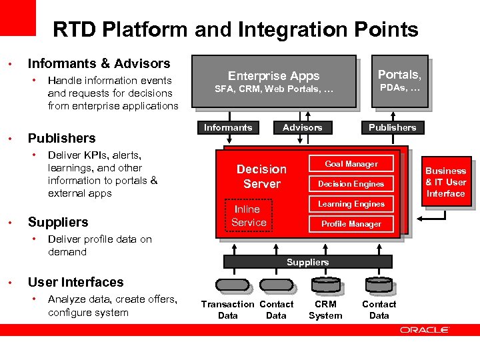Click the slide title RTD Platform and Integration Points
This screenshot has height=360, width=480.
pos(235,30)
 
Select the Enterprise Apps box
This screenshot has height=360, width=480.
pos(274,81)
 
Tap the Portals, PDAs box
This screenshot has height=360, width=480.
pos(399,81)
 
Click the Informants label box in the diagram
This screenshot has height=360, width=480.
pos(228,127)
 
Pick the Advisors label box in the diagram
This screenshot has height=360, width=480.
pos(302,127)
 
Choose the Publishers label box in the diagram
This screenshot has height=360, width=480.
pos(392,127)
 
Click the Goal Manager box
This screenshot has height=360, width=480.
pos(351,164)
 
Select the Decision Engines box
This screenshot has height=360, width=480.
pos(351,184)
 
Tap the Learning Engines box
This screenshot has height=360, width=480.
pos(351,204)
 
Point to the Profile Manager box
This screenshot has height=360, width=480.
pos(351,224)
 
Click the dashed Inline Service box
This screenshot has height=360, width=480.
pos(249,216)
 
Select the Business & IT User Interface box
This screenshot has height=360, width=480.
pos(445,182)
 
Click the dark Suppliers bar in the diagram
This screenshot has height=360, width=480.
pos(307,262)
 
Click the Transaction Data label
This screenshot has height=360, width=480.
pos(228,310)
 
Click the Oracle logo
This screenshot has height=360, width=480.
pos(425,330)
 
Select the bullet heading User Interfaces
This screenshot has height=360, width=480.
pos(75,282)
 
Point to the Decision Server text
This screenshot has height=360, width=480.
pos(262,177)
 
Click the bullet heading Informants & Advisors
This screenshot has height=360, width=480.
pos(99,63)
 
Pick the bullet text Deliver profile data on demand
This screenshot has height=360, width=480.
pos(99,245)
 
